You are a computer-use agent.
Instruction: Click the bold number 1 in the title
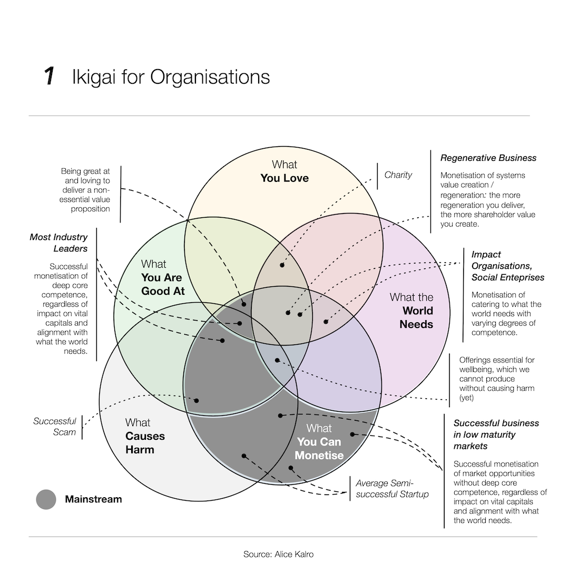click(50, 76)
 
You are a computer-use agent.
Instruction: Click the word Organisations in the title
click(210, 77)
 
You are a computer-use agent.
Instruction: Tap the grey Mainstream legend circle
click(46, 499)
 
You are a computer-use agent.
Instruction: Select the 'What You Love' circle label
click(284, 171)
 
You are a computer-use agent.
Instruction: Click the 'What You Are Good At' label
click(162, 277)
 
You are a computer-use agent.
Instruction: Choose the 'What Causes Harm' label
click(144, 436)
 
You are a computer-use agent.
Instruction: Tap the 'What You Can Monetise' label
click(319, 442)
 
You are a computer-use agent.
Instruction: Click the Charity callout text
click(398, 175)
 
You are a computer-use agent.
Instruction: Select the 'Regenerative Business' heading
click(488, 158)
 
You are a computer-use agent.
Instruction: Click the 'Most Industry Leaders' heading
click(59, 243)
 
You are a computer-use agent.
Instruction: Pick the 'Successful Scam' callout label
click(55, 427)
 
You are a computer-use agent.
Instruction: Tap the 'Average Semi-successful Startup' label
click(392, 489)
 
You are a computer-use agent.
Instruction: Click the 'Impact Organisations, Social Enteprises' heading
click(507, 266)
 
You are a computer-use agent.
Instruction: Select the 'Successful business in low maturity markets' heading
click(496, 434)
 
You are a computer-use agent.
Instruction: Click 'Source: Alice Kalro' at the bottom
click(278, 554)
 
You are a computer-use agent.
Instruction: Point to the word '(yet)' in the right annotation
click(466, 398)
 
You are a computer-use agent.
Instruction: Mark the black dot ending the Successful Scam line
click(197, 401)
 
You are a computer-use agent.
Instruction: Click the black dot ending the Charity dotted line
click(282, 265)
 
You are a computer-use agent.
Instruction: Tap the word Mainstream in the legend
click(93, 499)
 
